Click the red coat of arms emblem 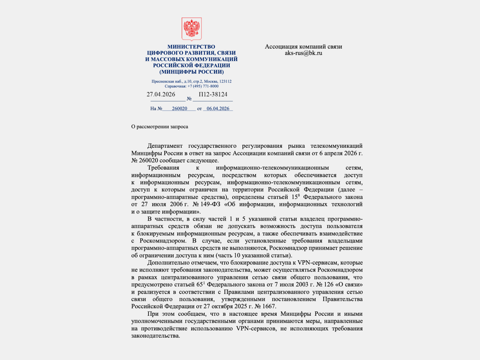click(x=192, y=29)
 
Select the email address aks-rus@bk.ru click(x=303, y=53)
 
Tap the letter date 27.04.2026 click(x=161, y=94)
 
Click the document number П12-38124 click(x=213, y=94)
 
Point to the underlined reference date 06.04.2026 click(x=218, y=108)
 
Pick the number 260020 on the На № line click(x=180, y=108)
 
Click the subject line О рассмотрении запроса click(x=160, y=127)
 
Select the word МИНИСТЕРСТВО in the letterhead click(x=191, y=47)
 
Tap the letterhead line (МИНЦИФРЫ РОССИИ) click(x=191, y=72)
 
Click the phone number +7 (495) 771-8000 click(x=203, y=86)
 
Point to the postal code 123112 click(x=225, y=81)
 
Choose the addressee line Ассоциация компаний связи click(x=303, y=47)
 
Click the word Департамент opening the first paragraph click(x=165, y=146)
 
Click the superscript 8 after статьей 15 click(x=299, y=195)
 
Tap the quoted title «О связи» click(x=348, y=285)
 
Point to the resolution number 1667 click(x=269, y=306)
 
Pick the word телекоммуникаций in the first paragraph click(x=336, y=146)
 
